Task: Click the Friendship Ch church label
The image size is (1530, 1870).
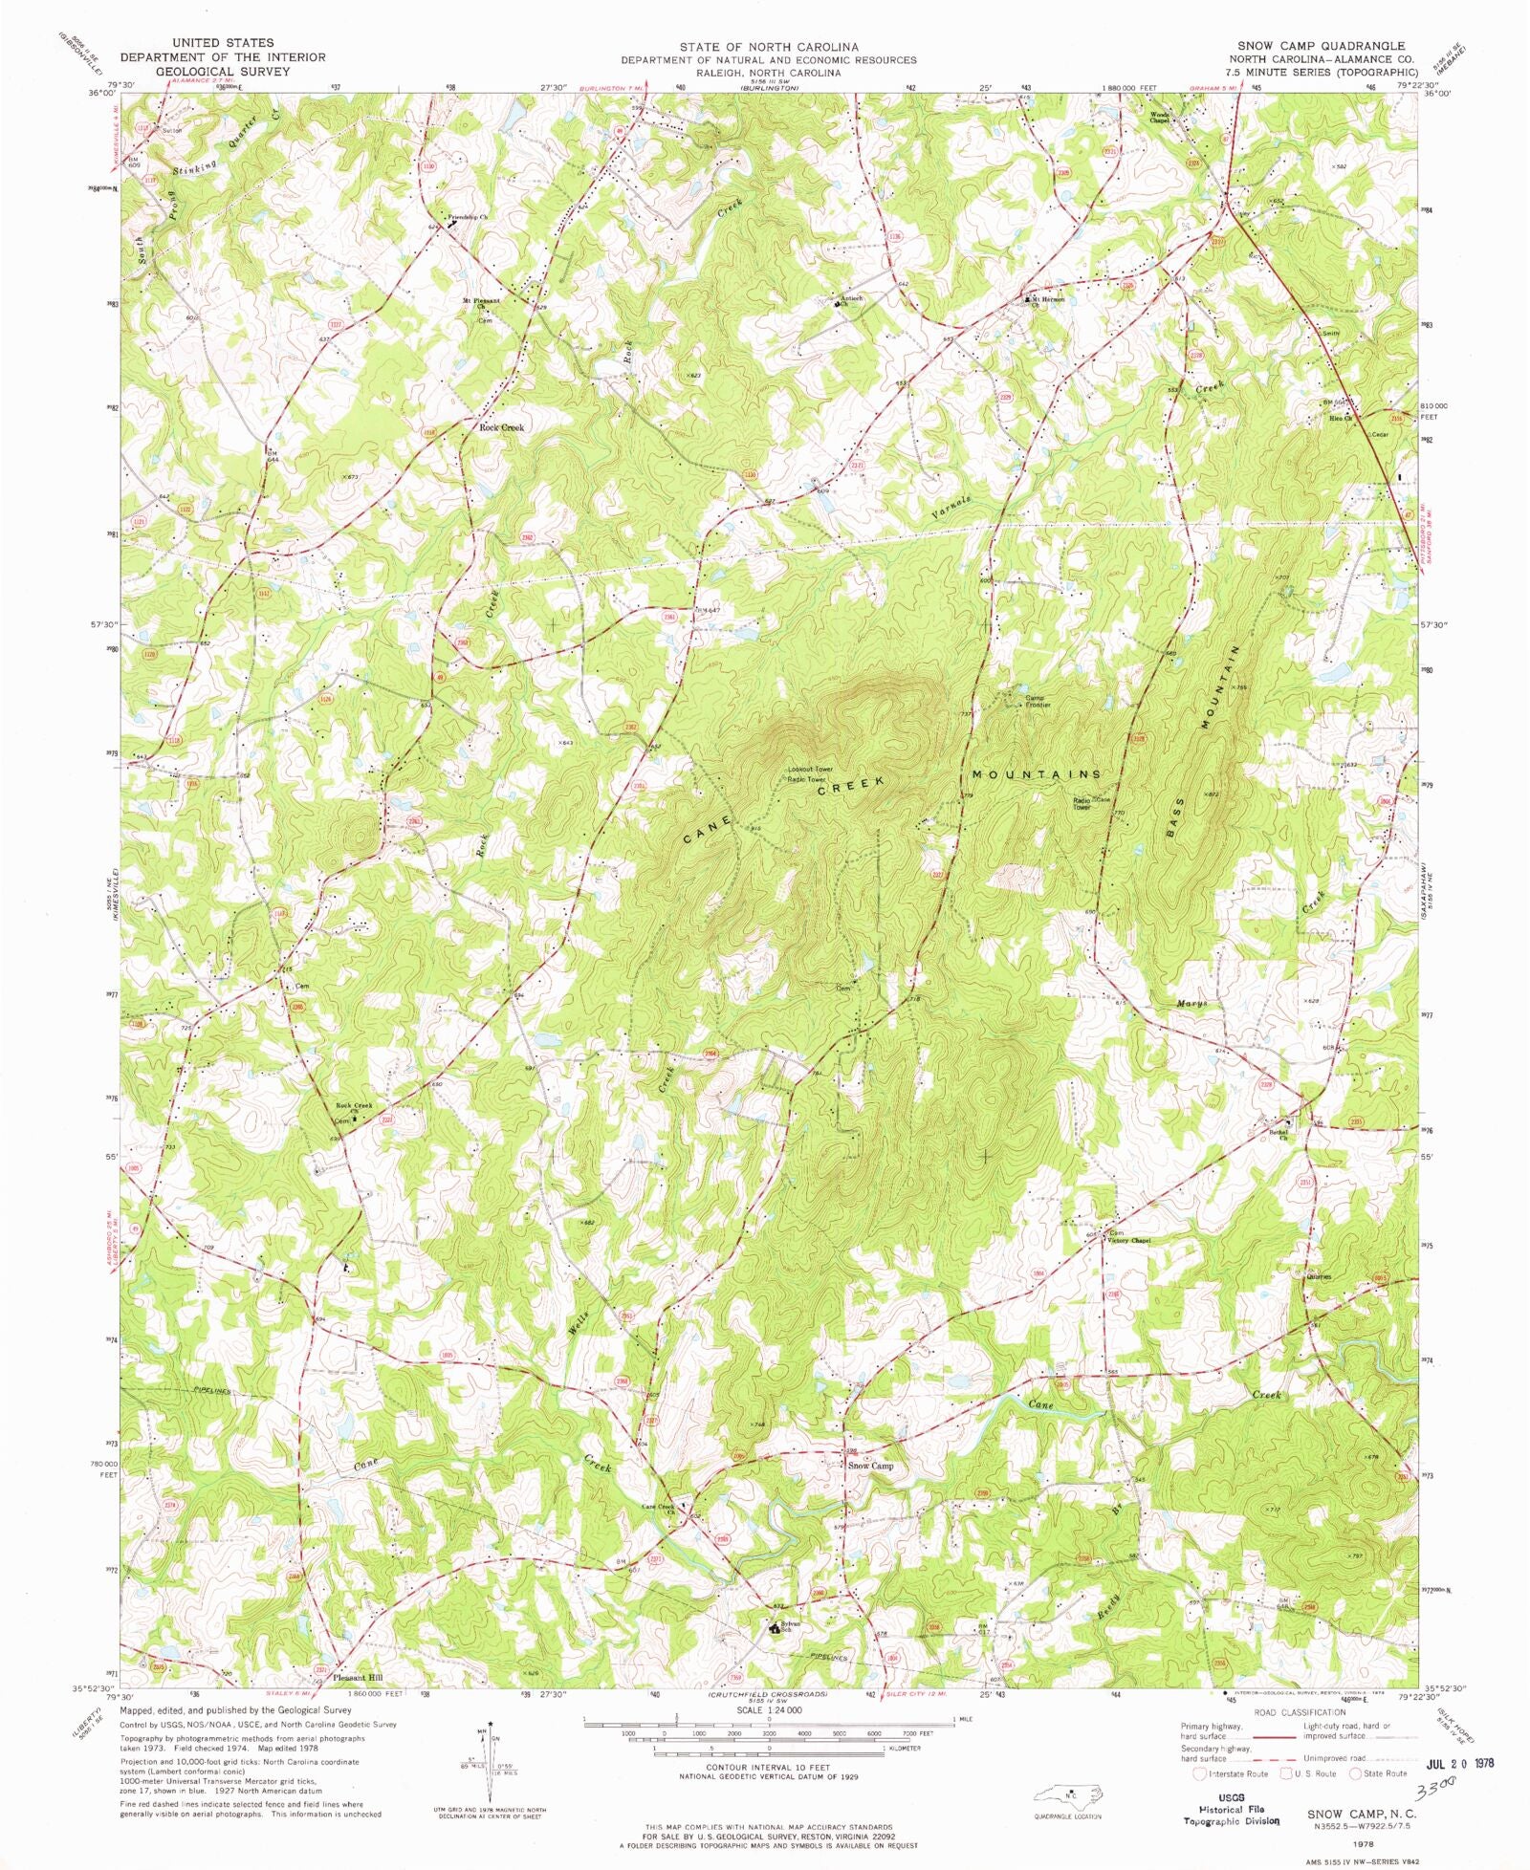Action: (x=470, y=217)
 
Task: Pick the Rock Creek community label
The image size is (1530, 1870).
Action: (x=501, y=427)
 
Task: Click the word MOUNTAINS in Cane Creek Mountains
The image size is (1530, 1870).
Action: (x=1037, y=773)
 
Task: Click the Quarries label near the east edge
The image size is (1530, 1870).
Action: (x=1319, y=1276)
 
